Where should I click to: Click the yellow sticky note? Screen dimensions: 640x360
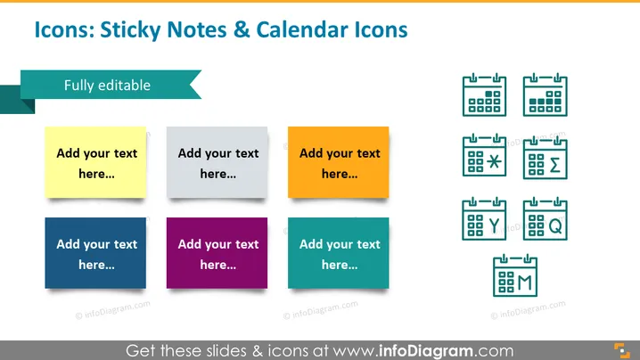pos(95,162)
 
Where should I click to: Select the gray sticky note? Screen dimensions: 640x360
pos(217,162)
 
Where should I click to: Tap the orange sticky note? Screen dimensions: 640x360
pos(339,162)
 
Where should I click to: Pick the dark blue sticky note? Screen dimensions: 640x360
pos(95,253)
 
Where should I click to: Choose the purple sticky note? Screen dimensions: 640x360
pos(217,253)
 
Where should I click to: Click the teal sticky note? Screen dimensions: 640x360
pos(339,253)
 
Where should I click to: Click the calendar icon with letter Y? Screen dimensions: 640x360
pos(485,218)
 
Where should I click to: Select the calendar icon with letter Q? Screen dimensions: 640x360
pos(546,218)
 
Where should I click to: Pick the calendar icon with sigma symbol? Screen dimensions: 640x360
pos(546,158)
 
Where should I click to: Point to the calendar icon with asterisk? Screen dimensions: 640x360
pos(485,155)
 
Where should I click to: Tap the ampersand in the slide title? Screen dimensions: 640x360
pos(242,29)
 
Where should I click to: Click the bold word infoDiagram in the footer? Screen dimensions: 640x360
pos(426,350)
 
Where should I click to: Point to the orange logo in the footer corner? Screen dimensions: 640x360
pos(622,350)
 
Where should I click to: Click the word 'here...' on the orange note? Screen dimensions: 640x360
pos(340,174)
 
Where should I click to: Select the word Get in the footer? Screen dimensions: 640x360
pos(141,350)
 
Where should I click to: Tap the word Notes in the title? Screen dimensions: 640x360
pos(197,29)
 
